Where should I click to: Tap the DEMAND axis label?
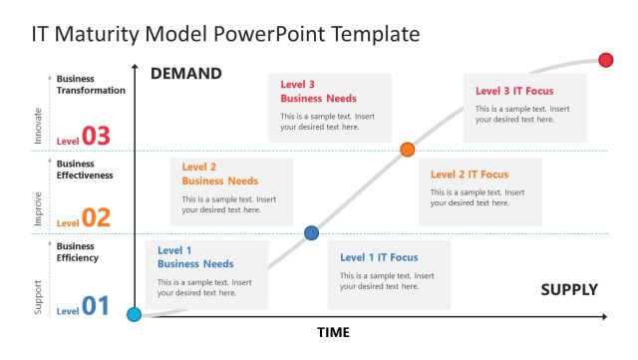click(185, 74)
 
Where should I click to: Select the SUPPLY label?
click(569, 290)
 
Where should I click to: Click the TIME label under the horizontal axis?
click(333, 332)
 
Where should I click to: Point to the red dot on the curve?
click(606, 61)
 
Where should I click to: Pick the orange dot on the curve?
click(407, 150)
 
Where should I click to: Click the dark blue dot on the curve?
click(311, 233)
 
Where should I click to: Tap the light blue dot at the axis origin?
click(134, 315)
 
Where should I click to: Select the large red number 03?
click(97, 137)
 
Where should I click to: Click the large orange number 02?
click(97, 218)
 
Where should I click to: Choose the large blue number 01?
click(96, 306)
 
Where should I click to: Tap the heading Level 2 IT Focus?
click(469, 174)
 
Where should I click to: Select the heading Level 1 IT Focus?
click(379, 257)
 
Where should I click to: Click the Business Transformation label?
click(91, 85)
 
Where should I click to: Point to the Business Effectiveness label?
click(85, 170)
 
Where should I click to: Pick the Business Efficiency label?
click(78, 252)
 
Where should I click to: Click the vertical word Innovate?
click(39, 127)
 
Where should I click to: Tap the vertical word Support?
click(39, 298)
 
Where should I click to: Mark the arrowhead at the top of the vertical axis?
click(134, 67)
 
